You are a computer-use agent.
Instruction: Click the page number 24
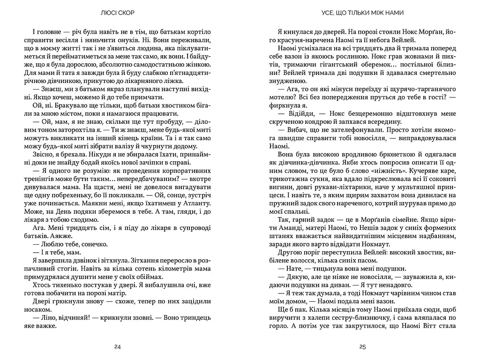tap(118, 347)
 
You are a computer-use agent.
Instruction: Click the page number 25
tap(362, 347)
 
